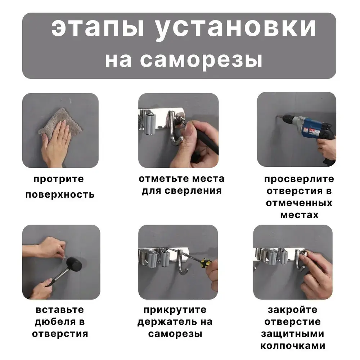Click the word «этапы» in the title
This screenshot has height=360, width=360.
point(98,28)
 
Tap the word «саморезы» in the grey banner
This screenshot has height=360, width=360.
point(201,60)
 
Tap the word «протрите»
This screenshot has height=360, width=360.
point(59,179)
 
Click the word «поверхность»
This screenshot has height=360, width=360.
point(60,195)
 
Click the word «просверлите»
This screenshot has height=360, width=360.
point(299,179)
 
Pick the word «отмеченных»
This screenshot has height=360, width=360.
point(299,203)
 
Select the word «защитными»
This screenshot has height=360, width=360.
point(292,334)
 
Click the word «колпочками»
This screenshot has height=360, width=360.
point(293,346)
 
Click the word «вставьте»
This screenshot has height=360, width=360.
point(60,310)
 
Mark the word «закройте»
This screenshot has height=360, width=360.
point(292,310)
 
